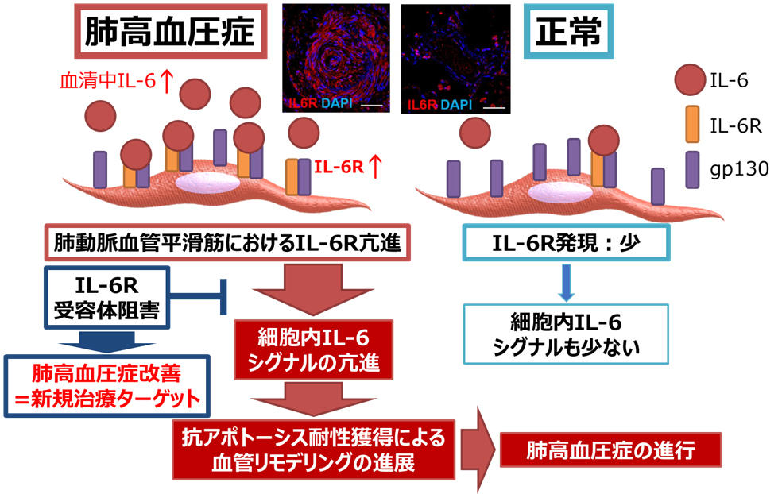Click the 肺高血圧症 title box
click(169, 33)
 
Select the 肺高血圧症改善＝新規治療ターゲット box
click(106, 383)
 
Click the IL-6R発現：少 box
click(566, 242)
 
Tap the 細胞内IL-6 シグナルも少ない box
click(565, 334)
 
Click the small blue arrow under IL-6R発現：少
click(565, 284)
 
